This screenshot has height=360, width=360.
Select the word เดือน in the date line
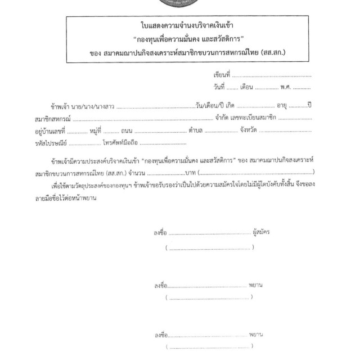247,87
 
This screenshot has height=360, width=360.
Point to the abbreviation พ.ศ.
285,87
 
